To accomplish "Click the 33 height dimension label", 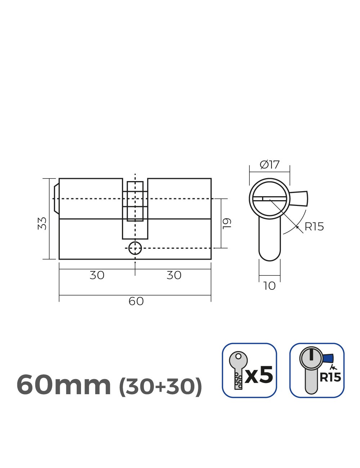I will [x=42, y=223].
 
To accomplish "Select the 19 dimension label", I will [x=227, y=223].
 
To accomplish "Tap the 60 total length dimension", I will [x=136, y=301].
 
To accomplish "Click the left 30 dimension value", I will [x=97, y=275].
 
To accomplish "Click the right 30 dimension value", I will [x=174, y=275].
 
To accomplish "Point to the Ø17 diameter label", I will [x=270, y=165].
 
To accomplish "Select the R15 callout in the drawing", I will [x=314, y=227].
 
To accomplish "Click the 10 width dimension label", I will [x=269, y=286].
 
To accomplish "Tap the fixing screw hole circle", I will [x=135, y=248].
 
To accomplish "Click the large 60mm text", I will [x=64, y=385].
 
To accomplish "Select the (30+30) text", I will [x=160, y=387].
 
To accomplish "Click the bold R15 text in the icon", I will [x=330, y=377].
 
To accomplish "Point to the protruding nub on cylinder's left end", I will [x=56, y=199].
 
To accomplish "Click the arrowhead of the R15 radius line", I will [x=296, y=226].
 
